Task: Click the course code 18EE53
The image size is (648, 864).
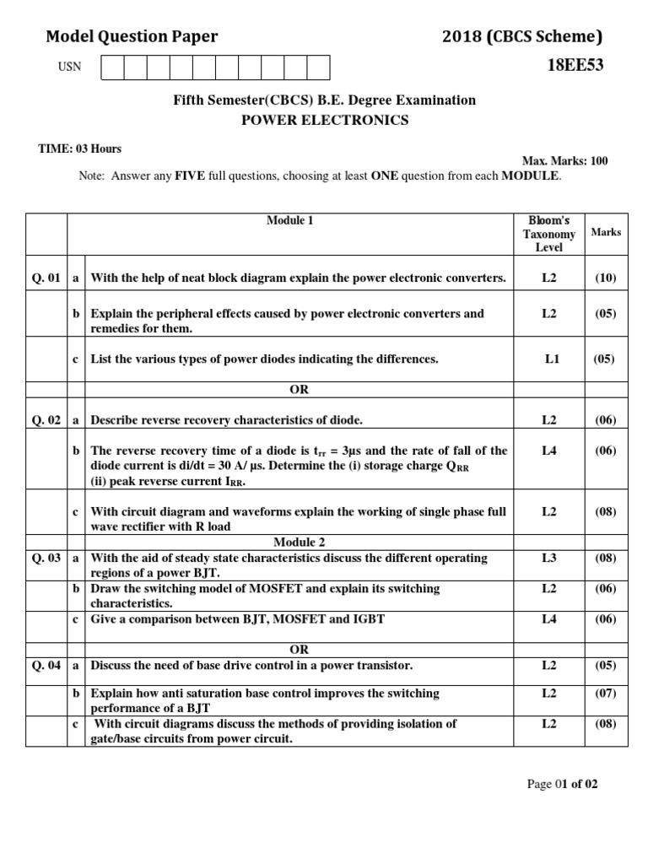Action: click(575, 66)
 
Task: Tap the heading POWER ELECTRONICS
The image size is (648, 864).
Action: click(325, 120)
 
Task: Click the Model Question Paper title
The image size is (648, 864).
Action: click(132, 36)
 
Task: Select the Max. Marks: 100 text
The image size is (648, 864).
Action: click(564, 161)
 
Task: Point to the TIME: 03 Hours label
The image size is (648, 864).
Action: click(80, 148)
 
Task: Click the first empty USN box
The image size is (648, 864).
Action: click(112, 67)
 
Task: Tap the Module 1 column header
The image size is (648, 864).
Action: click(290, 221)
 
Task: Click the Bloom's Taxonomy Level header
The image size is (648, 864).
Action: click(548, 234)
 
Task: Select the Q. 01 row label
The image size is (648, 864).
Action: click(46, 278)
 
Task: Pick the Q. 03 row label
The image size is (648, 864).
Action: click(46, 558)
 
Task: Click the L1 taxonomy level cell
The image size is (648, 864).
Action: click(552, 359)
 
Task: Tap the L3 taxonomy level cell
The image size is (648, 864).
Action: click(549, 558)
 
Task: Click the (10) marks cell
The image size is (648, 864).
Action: click(605, 278)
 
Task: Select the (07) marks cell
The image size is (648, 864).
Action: click(605, 693)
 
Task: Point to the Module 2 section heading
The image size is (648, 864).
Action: click(299, 542)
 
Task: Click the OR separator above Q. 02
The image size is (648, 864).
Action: click(299, 390)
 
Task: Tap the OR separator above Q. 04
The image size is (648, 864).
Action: click(299, 650)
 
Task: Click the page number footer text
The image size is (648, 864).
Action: click(562, 784)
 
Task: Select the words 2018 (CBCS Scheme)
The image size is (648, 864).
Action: click(522, 36)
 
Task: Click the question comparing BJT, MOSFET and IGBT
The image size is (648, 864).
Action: click(237, 618)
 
